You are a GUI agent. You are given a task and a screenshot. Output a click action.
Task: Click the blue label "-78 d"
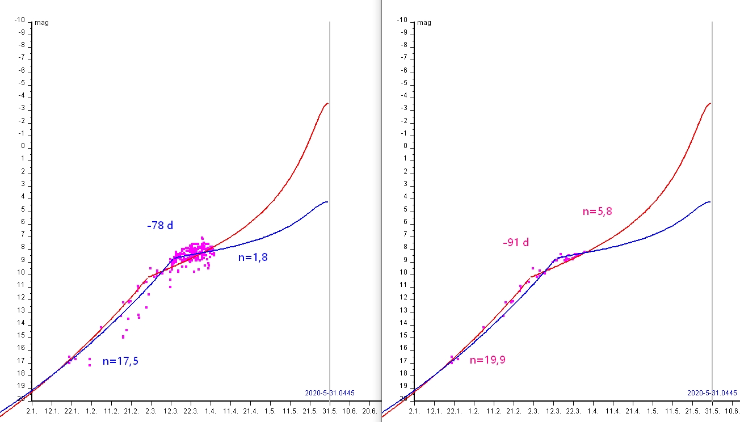(160, 226)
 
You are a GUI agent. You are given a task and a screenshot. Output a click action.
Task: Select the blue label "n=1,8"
(253, 258)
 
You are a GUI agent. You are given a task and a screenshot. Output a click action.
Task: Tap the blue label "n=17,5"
(120, 361)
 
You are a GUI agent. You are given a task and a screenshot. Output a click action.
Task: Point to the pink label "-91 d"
(516, 243)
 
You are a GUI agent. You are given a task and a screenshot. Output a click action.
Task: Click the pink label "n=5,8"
(598, 212)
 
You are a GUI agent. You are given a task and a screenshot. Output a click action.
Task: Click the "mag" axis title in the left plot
(41, 23)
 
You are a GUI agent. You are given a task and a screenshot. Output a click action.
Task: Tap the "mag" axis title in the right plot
(424, 23)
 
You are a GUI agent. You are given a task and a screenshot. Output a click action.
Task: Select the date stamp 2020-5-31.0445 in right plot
(712, 393)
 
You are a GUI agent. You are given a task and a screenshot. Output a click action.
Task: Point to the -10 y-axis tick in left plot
(20, 20)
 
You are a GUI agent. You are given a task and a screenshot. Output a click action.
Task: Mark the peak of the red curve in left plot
(328, 103)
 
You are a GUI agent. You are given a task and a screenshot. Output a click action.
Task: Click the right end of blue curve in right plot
(710, 201)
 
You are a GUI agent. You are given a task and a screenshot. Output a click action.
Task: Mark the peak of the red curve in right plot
(710, 103)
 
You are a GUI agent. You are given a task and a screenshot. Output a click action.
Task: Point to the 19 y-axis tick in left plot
(21, 386)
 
